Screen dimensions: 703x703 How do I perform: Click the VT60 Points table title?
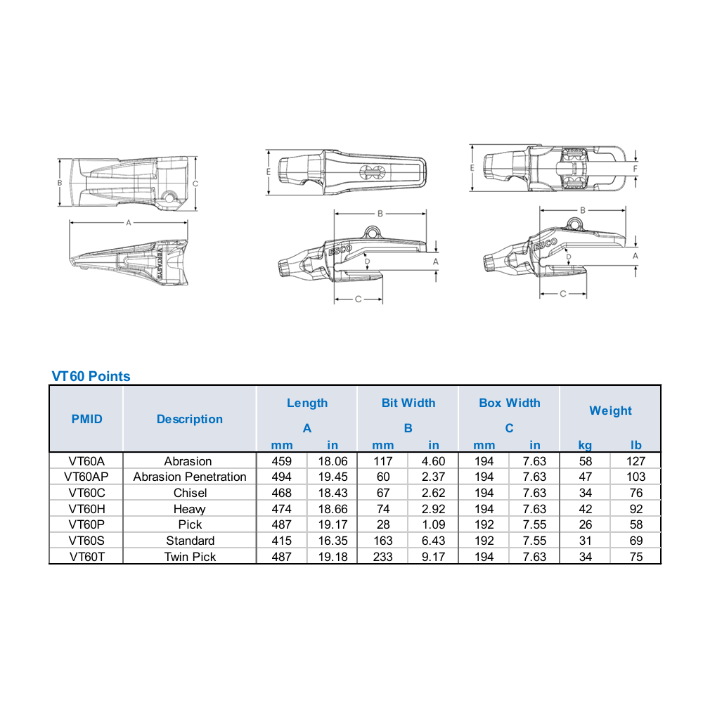coord(91,376)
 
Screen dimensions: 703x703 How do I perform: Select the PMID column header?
coord(87,419)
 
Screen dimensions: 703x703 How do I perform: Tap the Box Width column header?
coord(510,403)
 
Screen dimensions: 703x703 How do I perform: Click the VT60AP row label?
coord(86,477)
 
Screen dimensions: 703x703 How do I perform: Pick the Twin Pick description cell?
coord(190,557)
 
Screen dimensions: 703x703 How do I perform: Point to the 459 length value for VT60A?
coord(282,461)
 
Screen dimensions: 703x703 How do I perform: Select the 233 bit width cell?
coord(383,557)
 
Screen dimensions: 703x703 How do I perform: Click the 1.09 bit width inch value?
coord(434,524)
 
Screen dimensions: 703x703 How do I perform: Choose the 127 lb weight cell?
coord(636,461)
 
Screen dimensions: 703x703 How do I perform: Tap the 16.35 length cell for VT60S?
coord(333,541)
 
